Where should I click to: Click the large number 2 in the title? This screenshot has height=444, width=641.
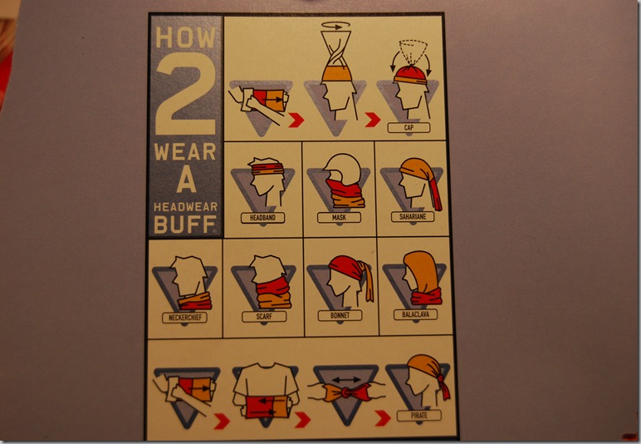[x=187, y=94]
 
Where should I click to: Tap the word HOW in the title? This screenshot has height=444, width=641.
[x=185, y=37]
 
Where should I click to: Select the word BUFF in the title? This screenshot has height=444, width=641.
[x=185, y=224]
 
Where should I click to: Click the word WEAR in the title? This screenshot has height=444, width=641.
[x=185, y=152]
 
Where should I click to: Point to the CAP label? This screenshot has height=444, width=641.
[x=409, y=128]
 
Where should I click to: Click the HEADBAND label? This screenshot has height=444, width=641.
[x=262, y=218]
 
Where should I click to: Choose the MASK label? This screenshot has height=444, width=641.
[x=339, y=217]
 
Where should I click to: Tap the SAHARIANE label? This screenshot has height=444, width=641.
[x=413, y=216]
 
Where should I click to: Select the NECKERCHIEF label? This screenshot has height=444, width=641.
[x=185, y=318]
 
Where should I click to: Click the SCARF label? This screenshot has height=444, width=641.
[x=264, y=316]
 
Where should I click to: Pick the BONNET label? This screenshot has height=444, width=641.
[x=340, y=315]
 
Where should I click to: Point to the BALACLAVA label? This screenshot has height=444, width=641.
[x=415, y=314]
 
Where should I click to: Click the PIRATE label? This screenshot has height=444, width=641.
[x=419, y=416]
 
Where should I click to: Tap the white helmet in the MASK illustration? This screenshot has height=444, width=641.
[x=343, y=168]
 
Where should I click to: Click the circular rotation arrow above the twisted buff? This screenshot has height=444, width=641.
[x=335, y=26]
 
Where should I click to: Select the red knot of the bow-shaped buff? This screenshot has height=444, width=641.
[x=346, y=393]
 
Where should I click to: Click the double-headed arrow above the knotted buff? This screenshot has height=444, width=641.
[x=346, y=380]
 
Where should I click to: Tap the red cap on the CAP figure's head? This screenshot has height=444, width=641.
[x=410, y=75]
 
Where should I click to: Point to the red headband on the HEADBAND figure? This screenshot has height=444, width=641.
[x=267, y=168]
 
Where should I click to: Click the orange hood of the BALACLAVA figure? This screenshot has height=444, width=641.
[x=420, y=271]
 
